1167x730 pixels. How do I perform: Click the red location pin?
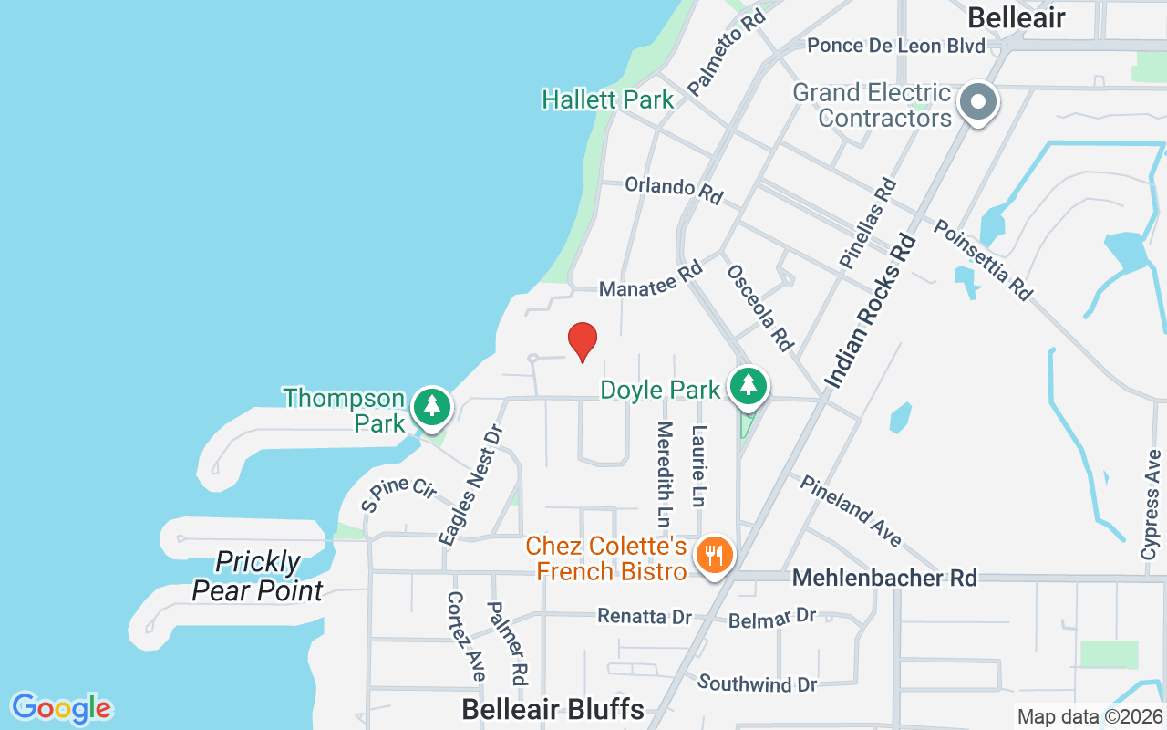[583, 341]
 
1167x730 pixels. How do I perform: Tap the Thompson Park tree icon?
[432, 407]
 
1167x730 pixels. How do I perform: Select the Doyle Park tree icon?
[749, 385]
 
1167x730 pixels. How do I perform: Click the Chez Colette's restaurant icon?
[715, 554]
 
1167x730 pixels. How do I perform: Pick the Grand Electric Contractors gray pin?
[979, 102]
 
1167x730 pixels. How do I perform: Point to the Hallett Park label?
[607, 99]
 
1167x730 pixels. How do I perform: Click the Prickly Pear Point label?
[257, 576]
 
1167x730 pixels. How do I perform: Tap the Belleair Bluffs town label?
[553, 709]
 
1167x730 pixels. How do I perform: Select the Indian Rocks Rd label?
[870, 310]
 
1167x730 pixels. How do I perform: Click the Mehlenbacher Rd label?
[884, 578]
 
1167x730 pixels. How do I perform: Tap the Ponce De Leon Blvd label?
[896, 46]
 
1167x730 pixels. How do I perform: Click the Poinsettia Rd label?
[983, 260]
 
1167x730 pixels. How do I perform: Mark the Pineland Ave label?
[851, 511]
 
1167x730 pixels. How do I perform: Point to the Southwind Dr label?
[757, 683]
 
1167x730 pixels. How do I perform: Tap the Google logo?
[61, 708]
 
